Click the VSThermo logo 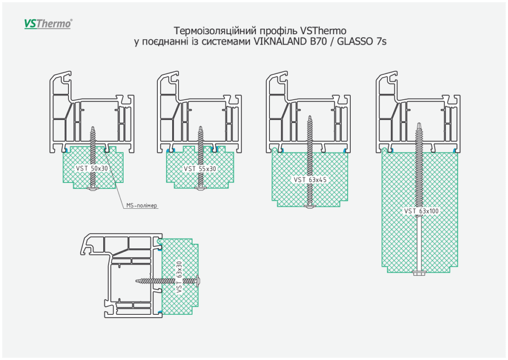48,23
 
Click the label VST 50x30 92,169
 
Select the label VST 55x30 200,169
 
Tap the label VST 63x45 310,180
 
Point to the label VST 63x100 421,211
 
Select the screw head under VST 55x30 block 200,189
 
